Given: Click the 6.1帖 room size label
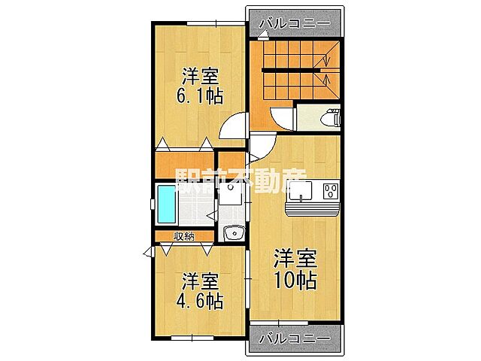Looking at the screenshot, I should [200, 96].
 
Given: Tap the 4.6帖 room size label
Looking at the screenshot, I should [200, 302].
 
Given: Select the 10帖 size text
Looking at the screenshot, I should [295, 279].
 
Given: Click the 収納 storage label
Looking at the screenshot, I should [184, 236].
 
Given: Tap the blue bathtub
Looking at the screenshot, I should [165, 205].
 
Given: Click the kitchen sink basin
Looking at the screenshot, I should [301, 192].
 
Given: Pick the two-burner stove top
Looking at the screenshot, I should [329, 192].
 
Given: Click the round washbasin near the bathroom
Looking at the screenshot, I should [234, 232].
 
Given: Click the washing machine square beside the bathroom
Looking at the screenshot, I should [232, 195].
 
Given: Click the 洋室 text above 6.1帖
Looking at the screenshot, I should [200, 75].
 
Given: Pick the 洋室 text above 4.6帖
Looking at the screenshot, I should [200, 282].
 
